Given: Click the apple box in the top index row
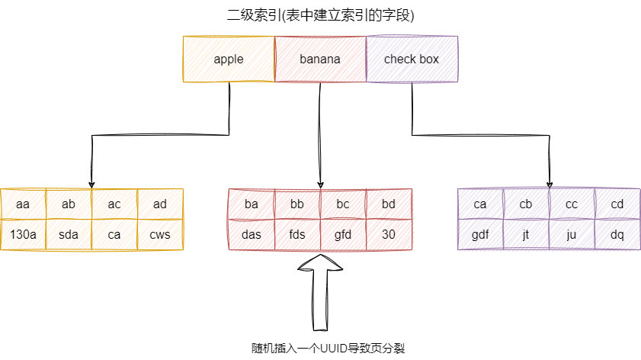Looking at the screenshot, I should [x=229, y=59].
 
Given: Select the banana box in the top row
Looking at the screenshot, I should [x=320, y=59].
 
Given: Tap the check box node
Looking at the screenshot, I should [x=412, y=59].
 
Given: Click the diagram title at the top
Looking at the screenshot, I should [x=320, y=16].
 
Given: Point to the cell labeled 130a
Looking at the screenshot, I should [x=23, y=234].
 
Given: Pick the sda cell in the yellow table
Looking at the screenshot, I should [x=69, y=234].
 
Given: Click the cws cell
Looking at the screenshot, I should [x=160, y=234].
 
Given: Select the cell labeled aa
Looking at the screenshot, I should [x=23, y=204].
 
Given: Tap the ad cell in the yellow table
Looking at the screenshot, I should [x=160, y=204].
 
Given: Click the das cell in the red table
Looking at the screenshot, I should [x=252, y=234].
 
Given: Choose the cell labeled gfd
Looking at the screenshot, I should [x=343, y=234].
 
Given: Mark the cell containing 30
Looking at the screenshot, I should [x=389, y=234].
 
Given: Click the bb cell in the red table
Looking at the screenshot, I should [x=297, y=204].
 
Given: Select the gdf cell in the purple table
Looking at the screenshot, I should [x=480, y=234].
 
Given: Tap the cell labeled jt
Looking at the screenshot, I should [x=526, y=234].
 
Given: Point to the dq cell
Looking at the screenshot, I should [x=617, y=234].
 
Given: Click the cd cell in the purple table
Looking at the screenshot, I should [x=617, y=204].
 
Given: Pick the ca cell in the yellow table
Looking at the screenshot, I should [x=114, y=234].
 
